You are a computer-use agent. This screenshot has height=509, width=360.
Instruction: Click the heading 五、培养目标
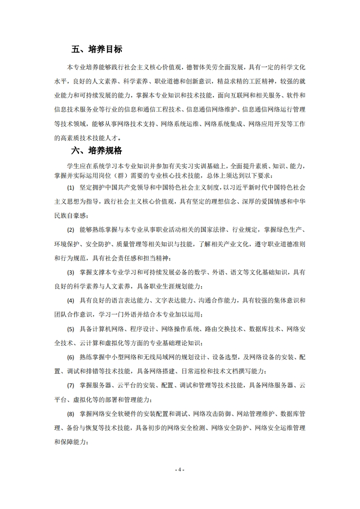coord(96,49)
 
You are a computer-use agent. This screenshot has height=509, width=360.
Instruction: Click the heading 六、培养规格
coord(96,151)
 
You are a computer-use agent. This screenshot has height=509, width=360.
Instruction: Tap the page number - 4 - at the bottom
coord(180,470)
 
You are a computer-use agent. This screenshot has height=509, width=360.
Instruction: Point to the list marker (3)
coord(70,273)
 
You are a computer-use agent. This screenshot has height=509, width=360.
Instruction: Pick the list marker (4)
coord(70,301)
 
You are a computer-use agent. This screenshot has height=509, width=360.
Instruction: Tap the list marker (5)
coord(70,329)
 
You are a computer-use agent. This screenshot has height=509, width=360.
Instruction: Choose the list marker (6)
coord(70,357)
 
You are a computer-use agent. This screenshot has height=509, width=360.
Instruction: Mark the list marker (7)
coord(70,386)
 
